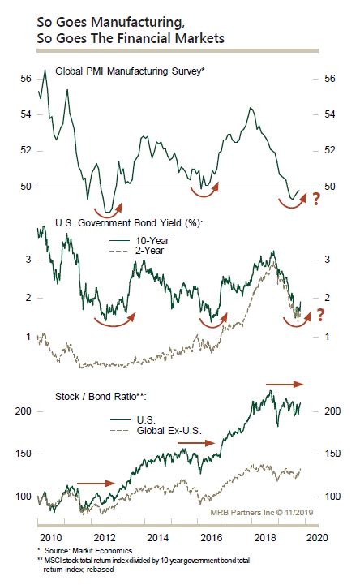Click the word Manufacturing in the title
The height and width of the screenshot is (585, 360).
(138, 24)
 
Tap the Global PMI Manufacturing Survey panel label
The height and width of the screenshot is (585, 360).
(130, 71)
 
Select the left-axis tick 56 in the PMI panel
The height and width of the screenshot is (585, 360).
(26, 79)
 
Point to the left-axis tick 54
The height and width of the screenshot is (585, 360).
(26, 114)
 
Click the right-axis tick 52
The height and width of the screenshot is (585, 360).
(330, 150)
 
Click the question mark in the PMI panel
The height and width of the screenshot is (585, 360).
(316, 199)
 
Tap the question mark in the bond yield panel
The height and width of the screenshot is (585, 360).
(320, 316)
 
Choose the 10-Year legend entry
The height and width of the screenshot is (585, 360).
(152, 241)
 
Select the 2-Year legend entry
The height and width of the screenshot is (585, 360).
(149, 251)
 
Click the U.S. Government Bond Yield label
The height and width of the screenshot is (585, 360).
(129, 223)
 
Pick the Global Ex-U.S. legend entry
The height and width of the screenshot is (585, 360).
(169, 431)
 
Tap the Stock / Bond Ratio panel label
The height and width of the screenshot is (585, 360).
(101, 396)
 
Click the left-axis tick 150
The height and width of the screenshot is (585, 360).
(23, 454)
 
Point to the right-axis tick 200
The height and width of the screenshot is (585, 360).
(332, 411)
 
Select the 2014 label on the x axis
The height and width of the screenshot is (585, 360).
(158, 538)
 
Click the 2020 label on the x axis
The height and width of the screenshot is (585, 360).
(318, 538)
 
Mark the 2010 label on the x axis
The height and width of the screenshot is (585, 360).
(51, 538)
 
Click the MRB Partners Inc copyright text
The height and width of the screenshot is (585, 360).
(262, 512)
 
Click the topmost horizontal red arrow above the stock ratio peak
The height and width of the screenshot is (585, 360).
(285, 384)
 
